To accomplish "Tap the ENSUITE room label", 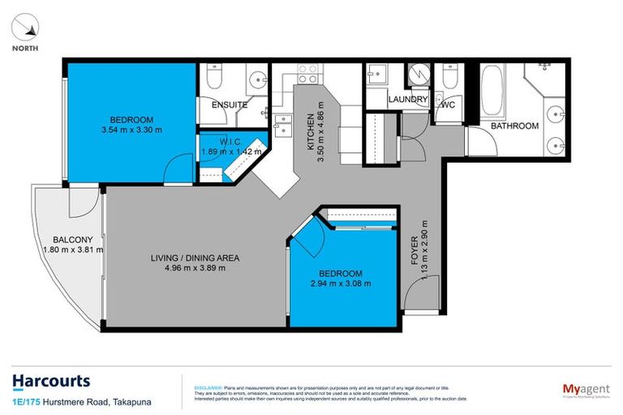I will coord(229,105).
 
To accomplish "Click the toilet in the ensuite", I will coord(213,78).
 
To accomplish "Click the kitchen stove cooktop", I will coord(307,74).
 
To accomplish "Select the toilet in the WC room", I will coord(449,79).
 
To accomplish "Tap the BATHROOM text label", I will coord(513,126).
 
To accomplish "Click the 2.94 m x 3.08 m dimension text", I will coord(340,284).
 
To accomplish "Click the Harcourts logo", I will coord(50,381).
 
